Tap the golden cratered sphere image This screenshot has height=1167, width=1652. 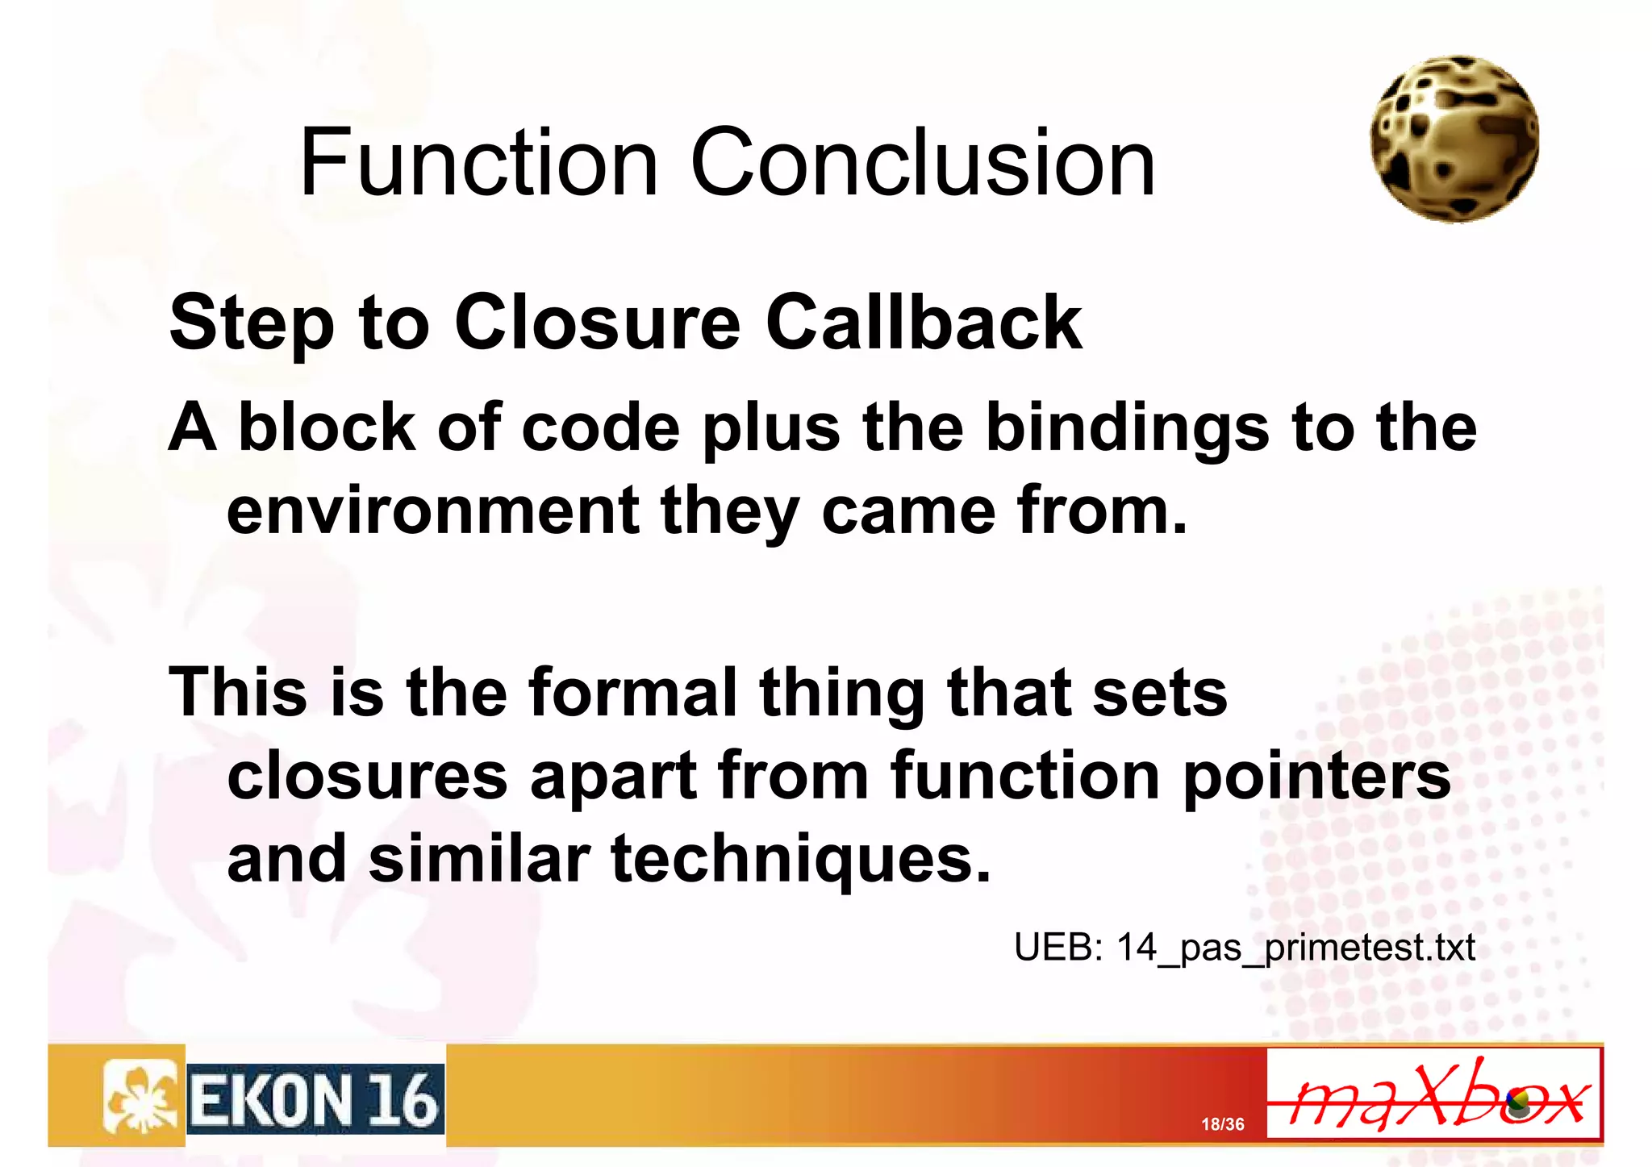tap(1454, 139)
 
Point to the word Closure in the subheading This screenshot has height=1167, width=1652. tap(597, 323)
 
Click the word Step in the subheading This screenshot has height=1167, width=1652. tap(251, 324)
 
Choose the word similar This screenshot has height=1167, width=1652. tap(480, 859)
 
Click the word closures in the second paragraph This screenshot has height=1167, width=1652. tap(367, 777)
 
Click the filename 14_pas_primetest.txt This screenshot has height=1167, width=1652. tap(1295, 948)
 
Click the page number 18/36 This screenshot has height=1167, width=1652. tap(1222, 1124)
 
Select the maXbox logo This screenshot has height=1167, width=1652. tap(1433, 1094)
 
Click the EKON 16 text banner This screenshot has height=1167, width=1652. tap(315, 1099)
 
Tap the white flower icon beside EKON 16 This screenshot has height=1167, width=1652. tap(140, 1098)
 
